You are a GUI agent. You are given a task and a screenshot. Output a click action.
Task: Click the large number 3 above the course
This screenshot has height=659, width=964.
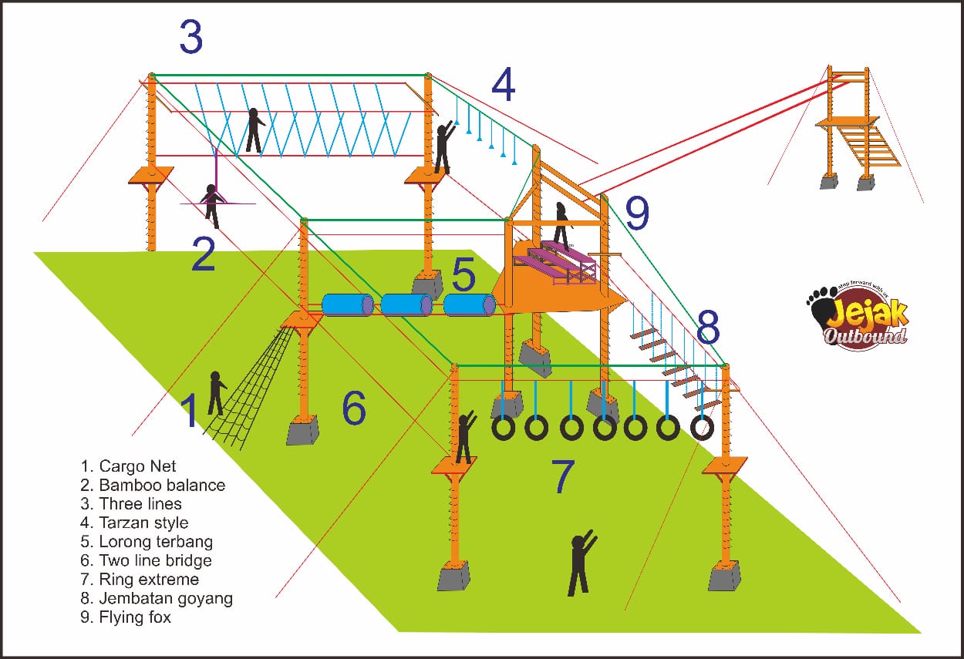click(190, 38)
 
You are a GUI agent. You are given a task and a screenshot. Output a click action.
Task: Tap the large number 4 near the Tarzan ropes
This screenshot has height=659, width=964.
click(503, 86)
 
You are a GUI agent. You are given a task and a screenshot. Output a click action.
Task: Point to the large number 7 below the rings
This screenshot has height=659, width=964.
click(564, 477)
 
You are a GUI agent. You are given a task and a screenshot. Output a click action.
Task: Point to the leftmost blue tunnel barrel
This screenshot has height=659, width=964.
click(347, 305)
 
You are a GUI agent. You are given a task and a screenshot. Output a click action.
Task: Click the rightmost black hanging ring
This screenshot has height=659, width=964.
click(702, 427)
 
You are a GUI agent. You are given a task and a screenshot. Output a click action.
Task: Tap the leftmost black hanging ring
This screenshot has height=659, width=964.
click(503, 428)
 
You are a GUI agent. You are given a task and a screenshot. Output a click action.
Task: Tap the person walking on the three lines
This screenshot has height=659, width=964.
click(253, 130)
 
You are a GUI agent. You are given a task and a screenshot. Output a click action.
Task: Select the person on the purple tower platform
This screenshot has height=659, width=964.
click(561, 226)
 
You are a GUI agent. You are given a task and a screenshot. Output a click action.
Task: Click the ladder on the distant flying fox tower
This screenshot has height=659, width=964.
click(869, 146)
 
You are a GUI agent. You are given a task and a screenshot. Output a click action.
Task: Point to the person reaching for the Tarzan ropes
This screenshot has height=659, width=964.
click(443, 146)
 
